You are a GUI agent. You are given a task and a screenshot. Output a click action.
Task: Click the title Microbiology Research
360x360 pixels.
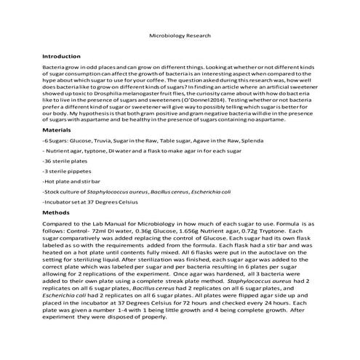tap(180, 34)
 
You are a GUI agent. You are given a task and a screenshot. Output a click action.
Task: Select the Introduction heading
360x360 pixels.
tap(62, 55)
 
